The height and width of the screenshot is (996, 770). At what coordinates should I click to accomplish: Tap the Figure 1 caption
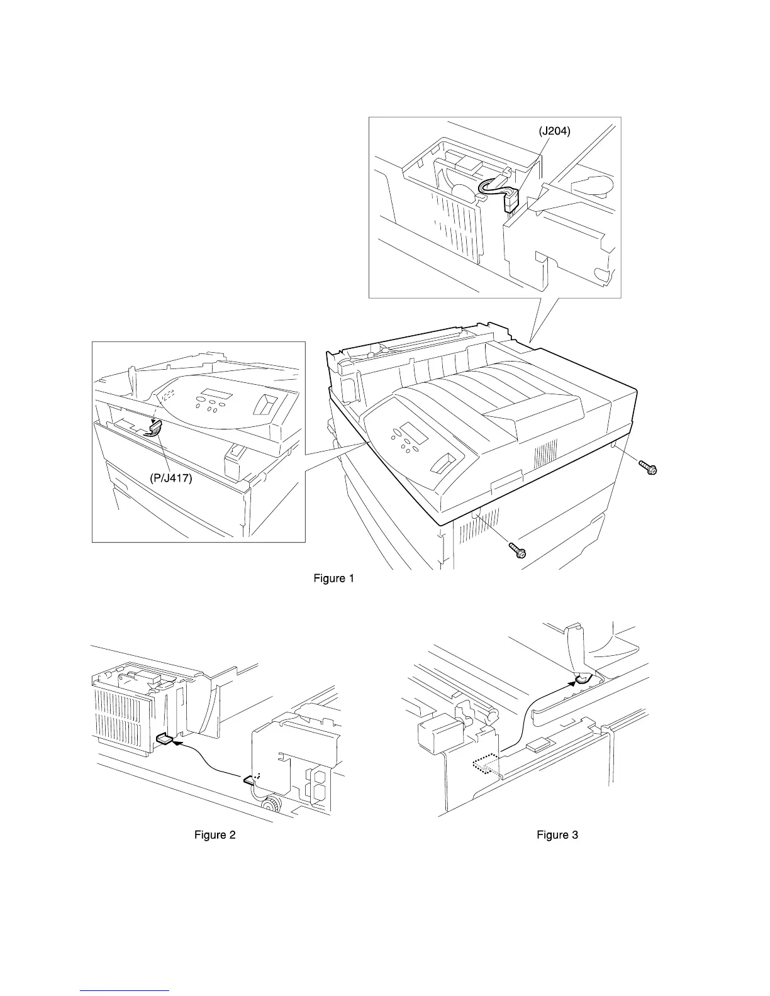(x=333, y=578)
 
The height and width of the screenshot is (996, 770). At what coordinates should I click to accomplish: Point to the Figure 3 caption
(x=557, y=835)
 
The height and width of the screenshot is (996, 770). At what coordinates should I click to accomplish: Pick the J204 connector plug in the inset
(x=510, y=202)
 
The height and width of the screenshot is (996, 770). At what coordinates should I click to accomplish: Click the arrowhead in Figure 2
(x=177, y=742)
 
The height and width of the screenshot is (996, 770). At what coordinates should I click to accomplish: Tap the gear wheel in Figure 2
(x=272, y=805)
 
